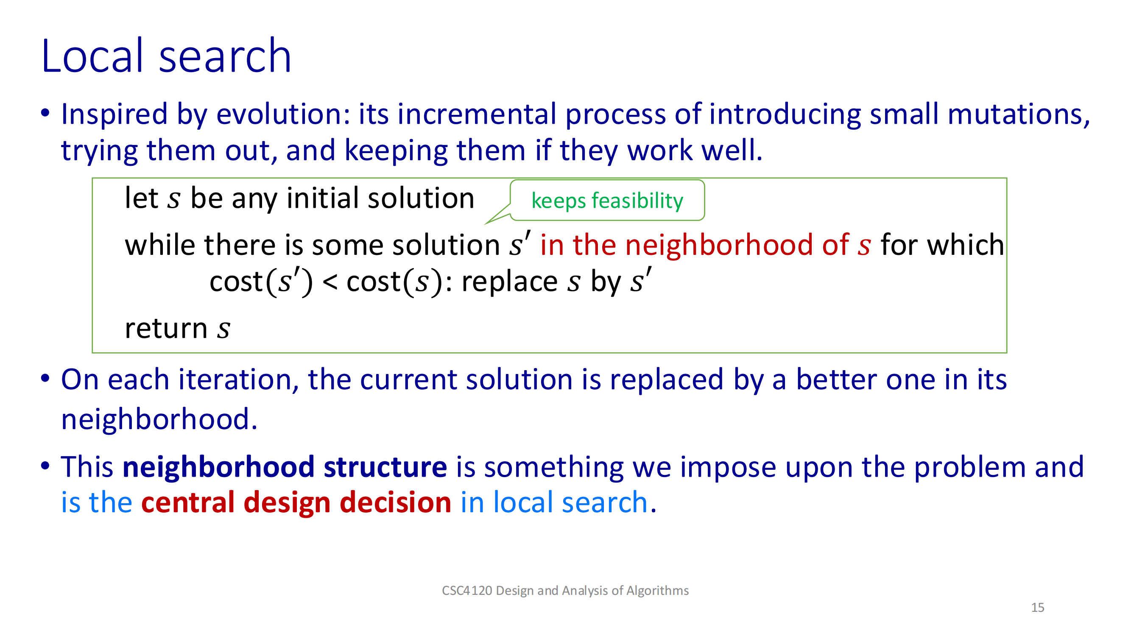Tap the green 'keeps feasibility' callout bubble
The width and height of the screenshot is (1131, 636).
coord(607,200)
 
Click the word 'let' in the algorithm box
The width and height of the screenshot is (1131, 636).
coord(141,198)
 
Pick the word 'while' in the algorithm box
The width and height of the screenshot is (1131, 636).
coord(160,245)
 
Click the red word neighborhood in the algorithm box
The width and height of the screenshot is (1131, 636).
coord(719,245)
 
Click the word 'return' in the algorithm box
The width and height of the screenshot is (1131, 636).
coord(166,328)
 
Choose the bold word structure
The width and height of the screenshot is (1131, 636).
coord(385,466)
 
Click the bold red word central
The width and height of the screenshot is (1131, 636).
coord(188,502)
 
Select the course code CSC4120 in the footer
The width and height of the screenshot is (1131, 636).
coord(467,591)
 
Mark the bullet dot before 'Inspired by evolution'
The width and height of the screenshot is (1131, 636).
coord(45,113)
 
